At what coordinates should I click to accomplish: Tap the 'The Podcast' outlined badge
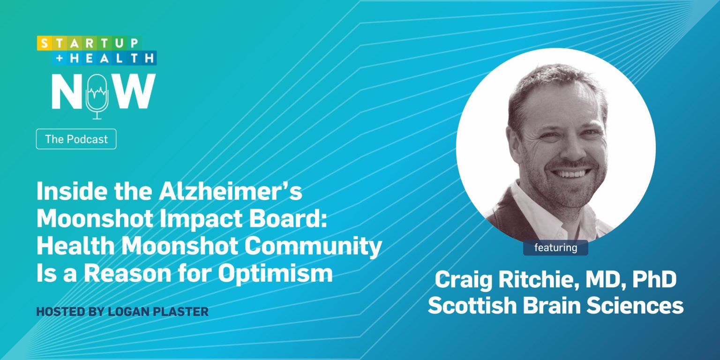[76, 139]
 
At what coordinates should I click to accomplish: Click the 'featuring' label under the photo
[555, 247]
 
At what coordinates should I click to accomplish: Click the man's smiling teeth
[570, 173]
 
